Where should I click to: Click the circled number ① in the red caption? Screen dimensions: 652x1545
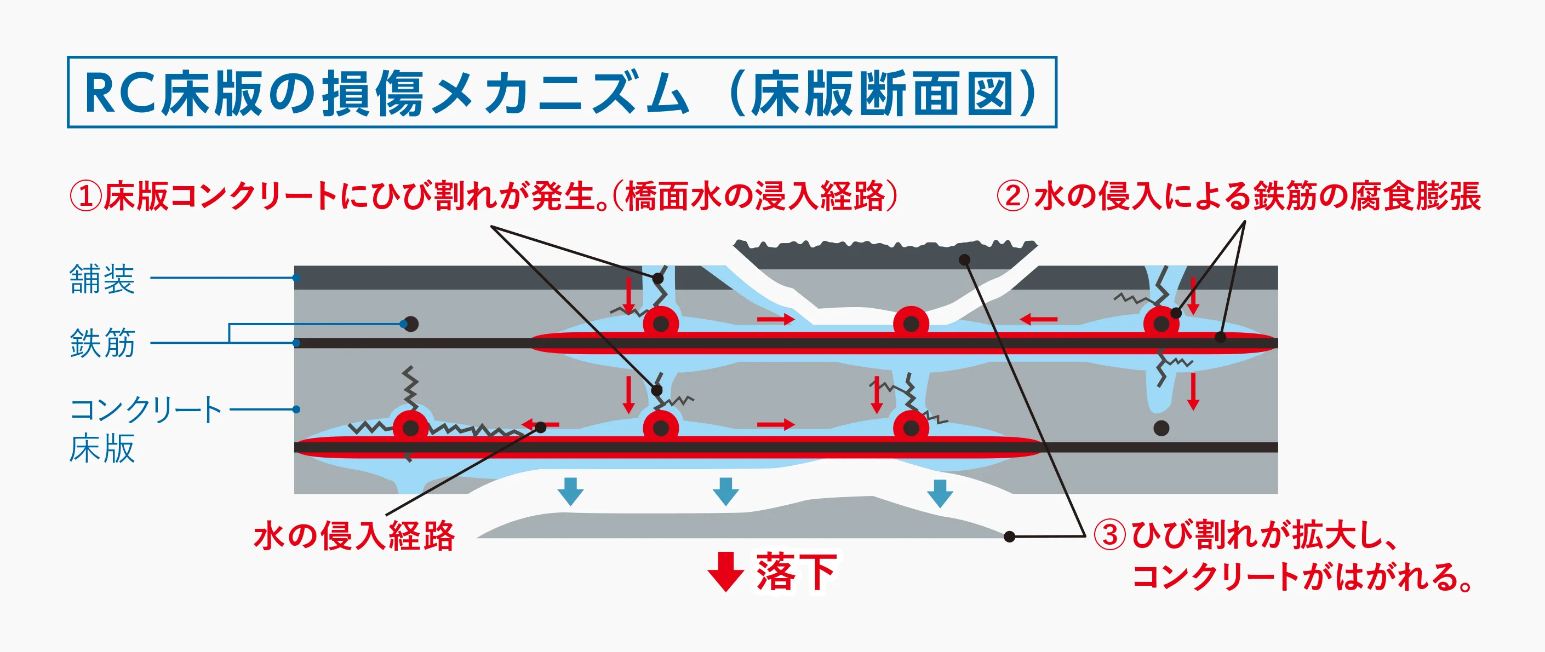[86, 196]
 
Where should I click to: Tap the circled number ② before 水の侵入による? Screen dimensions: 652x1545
[1013, 196]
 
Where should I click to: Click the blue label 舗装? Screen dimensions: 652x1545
[102, 279]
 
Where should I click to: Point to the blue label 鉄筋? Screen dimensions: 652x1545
[102, 343]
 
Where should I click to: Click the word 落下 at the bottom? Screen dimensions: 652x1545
[796, 572]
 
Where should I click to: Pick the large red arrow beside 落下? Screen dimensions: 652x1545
[726, 572]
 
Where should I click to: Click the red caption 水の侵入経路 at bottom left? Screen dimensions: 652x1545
[354, 535]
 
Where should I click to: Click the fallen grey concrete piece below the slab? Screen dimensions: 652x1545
[743, 524]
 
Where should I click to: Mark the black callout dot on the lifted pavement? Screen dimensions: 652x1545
[964, 259]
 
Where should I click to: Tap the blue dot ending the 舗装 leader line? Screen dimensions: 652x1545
[296, 278]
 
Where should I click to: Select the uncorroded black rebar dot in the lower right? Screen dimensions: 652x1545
[1161, 428]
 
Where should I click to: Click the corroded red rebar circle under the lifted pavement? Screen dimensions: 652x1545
[911, 324]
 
